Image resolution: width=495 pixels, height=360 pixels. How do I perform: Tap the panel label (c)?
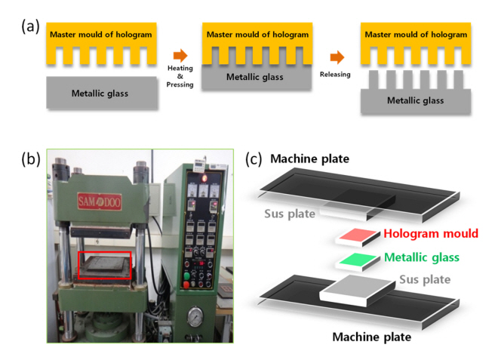click(254, 159)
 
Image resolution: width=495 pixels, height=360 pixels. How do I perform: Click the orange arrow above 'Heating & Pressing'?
click(180, 56)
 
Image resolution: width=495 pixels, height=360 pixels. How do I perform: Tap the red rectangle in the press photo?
click(105, 265)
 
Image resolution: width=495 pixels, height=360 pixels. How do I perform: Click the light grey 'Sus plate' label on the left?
click(289, 214)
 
